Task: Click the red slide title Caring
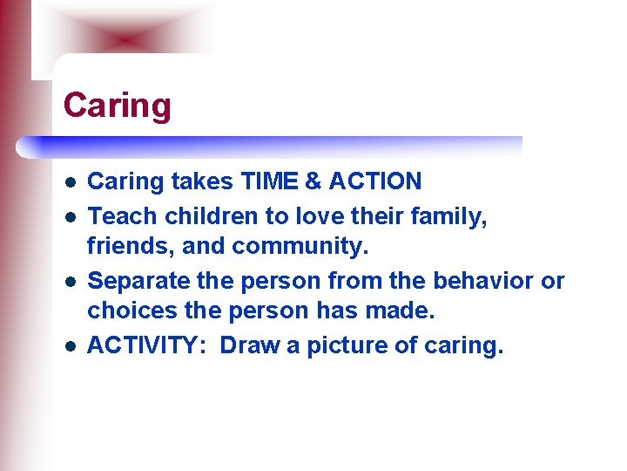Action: click(x=118, y=106)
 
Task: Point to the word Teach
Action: click(x=118, y=215)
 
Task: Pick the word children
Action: click(x=199, y=215)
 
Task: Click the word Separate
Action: click(x=137, y=280)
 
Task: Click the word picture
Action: click(x=345, y=345)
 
